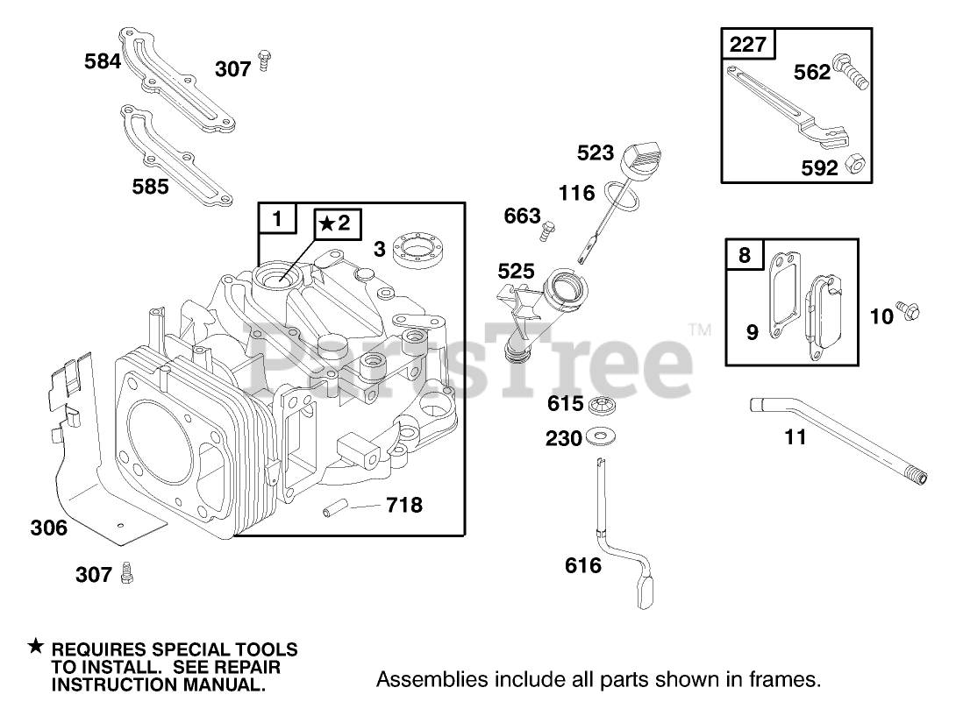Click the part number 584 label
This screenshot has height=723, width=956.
pyautogui.click(x=103, y=61)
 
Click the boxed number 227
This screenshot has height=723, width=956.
pyautogui.click(x=747, y=44)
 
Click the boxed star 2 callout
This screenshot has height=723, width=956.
pyautogui.click(x=333, y=224)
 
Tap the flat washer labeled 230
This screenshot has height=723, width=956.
pyautogui.click(x=601, y=435)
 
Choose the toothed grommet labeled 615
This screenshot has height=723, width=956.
pyautogui.click(x=600, y=404)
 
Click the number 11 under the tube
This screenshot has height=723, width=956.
pyautogui.click(x=795, y=436)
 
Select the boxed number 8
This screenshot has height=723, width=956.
pyautogui.click(x=744, y=254)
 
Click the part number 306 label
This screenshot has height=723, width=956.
pyautogui.click(x=48, y=528)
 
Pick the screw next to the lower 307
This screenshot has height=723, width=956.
pyautogui.click(x=128, y=572)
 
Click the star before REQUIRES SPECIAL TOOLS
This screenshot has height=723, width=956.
pyautogui.click(x=35, y=647)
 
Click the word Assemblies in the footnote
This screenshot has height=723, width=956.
pyautogui.click(x=420, y=679)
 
